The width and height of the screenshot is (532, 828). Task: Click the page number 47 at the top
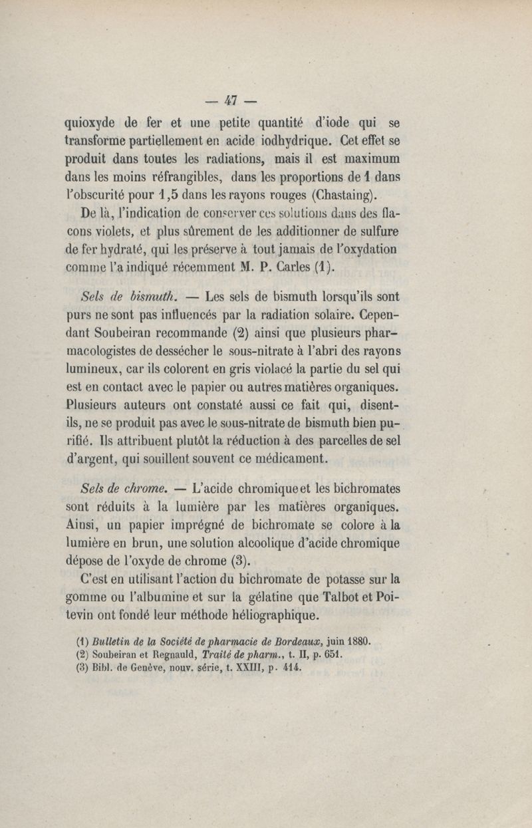point(231,101)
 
